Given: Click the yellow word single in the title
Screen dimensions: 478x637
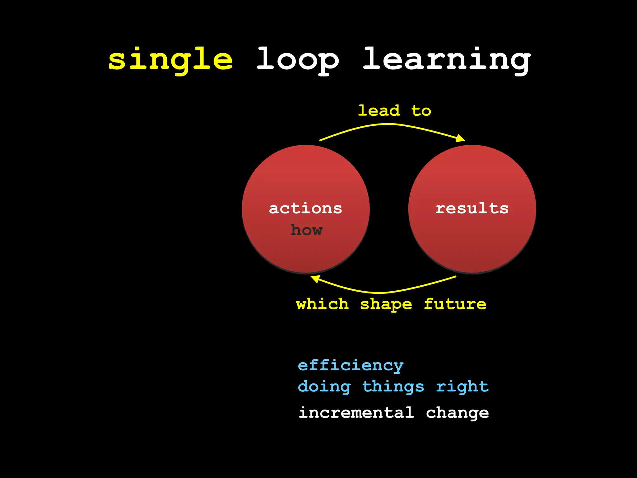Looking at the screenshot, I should click(x=170, y=60).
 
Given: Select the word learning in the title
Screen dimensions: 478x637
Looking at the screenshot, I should click(x=447, y=60).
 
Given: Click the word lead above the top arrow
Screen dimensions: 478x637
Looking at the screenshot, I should click(x=379, y=111).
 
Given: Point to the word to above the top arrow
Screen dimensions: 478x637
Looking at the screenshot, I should click(x=421, y=111).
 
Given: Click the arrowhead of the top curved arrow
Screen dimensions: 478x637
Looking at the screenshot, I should click(x=461, y=138).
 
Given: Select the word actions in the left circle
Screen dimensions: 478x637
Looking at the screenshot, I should click(x=305, y=208).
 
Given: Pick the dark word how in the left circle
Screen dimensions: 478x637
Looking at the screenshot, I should click(x=307, y=230).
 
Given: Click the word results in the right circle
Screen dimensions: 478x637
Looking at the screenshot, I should click(x=472, y=208).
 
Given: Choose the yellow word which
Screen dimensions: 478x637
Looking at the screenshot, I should click(x=322, y=304).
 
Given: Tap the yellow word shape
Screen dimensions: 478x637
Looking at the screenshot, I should click(x=386, y=304).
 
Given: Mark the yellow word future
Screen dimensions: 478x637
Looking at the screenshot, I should click(x=455, y=304).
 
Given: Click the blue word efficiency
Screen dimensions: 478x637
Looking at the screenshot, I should click(x=351, y=365).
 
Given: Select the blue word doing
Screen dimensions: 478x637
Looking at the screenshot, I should click(x=324, y=387).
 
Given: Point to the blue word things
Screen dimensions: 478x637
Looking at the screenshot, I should click(x=393, y=387).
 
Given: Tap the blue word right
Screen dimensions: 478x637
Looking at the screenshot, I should click(x=462, y=387).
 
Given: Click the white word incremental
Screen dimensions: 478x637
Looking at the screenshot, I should click(x=356, y=413).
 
